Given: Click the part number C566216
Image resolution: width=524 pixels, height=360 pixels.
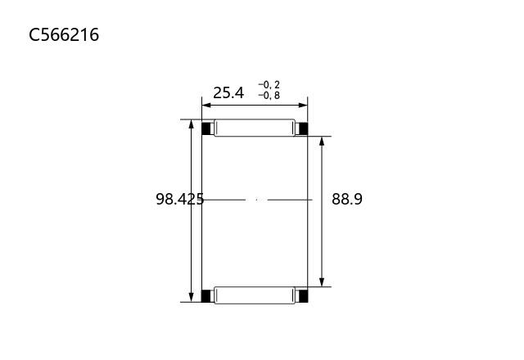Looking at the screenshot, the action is tap(64, 34).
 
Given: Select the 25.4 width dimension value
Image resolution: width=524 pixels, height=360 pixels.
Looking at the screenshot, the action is tap(228, 92).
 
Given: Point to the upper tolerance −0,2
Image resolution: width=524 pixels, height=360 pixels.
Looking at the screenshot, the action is tap(269, 85).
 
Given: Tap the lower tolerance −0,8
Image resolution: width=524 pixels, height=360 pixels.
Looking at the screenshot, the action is tap(269, 96).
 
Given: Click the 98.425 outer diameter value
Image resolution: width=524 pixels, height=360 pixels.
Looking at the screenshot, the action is tap(180, 199).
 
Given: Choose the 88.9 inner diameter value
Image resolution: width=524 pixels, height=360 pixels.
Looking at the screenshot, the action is tap(347, 199).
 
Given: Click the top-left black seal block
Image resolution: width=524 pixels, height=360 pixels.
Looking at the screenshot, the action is tap(207, 128).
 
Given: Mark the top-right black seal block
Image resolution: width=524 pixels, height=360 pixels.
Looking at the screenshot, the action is tap(302, 128).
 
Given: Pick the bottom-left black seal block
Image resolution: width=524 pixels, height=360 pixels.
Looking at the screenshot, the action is tap(207, 296).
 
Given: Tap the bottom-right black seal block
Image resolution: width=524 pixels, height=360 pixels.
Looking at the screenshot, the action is tap(303, 296).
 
